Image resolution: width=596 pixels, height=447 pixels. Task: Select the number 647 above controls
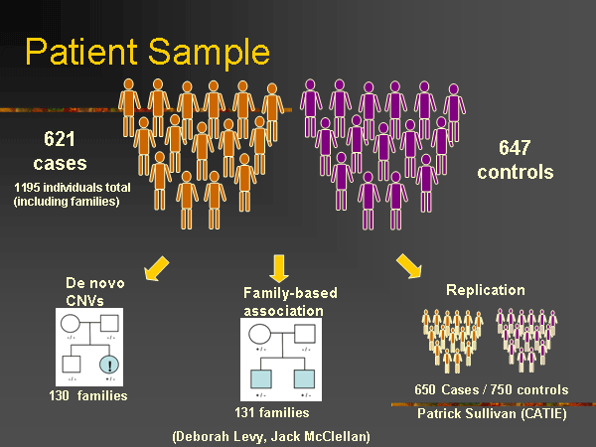[x=521, y=149]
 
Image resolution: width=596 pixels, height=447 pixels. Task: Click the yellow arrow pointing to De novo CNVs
[x=157, y=266]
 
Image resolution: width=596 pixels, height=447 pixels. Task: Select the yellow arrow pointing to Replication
[x=407, y=265]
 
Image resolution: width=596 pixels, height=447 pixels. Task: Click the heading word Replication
[x=486, y=291]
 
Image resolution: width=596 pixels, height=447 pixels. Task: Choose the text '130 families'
[x=88, y=396]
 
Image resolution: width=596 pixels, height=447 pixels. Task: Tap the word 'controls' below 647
[x=521, y=172]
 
